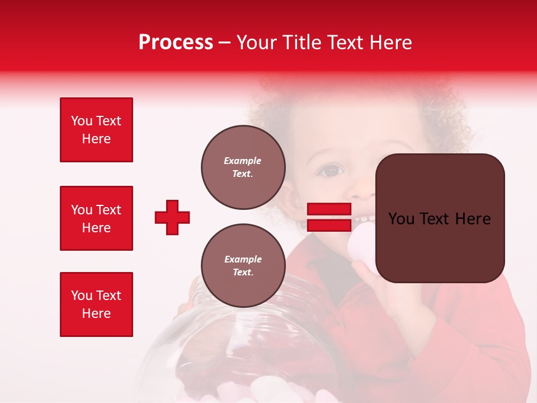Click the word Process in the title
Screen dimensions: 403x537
pyautogui.click(x=176, y=43)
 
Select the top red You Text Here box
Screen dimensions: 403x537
pyautogui.click(x=96, y=130)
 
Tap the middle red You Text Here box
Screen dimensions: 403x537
pyautogui.click(x=96, y=218)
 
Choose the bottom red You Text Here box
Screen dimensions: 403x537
pyautogui.click(x=96, y=304)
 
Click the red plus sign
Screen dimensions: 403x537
pyautogui.click(x=172, y=217)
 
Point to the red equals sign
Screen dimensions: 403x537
pyautogui.click(x=329, y=217)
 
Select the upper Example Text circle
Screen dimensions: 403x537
pyautogui.click(x=243, y=167)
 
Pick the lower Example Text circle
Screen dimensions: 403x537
pyautogui.click(x=243, y=266)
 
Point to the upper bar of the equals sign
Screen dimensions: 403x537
pyautogui.click(x=329, y=209)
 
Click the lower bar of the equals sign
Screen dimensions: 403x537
pyautogui.click(x=329, y=225)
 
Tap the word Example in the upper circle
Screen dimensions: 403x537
pyautogui.click(x=243, y=161)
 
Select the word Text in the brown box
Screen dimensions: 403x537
pyautogui.click(x=439, y=219)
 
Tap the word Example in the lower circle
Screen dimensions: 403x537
pyautogui.click(x=243, y=259)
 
